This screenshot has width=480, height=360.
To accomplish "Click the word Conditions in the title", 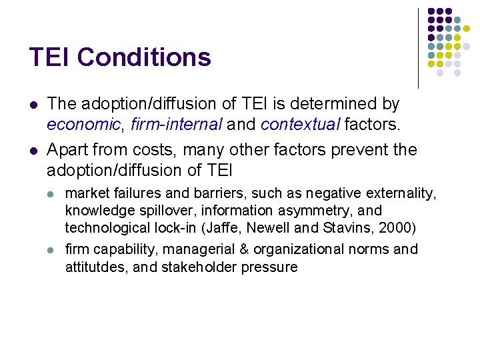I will (x=144, y=57).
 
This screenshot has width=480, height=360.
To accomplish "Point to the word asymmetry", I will (x=311, y=211).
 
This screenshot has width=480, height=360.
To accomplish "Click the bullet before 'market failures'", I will (x=51, y=194).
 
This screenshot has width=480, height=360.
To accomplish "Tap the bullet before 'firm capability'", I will (x=51, y=250).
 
